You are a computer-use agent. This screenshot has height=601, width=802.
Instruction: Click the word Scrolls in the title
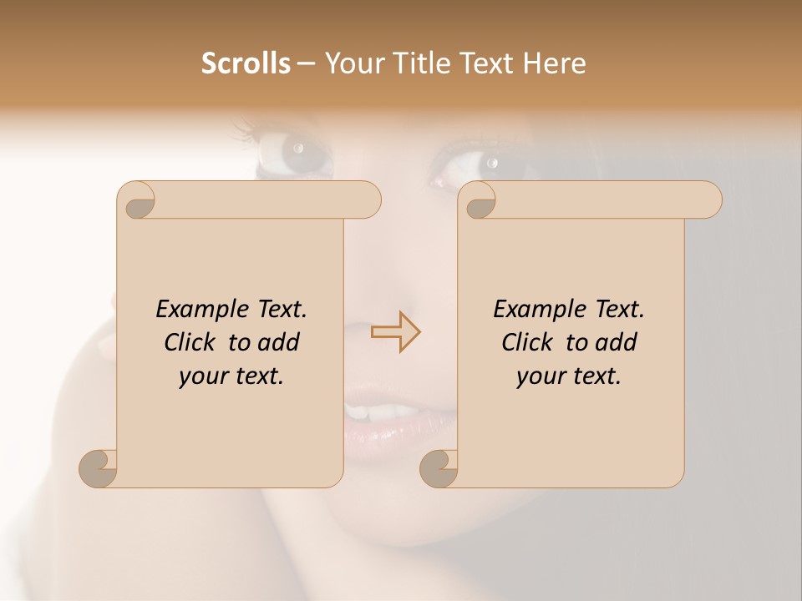[246, 63]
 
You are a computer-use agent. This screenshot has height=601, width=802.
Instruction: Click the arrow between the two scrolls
[396, 332]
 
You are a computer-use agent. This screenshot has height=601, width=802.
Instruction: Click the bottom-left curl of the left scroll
[99, 468]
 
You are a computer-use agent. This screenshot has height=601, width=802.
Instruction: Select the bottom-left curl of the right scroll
[439, 468]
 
